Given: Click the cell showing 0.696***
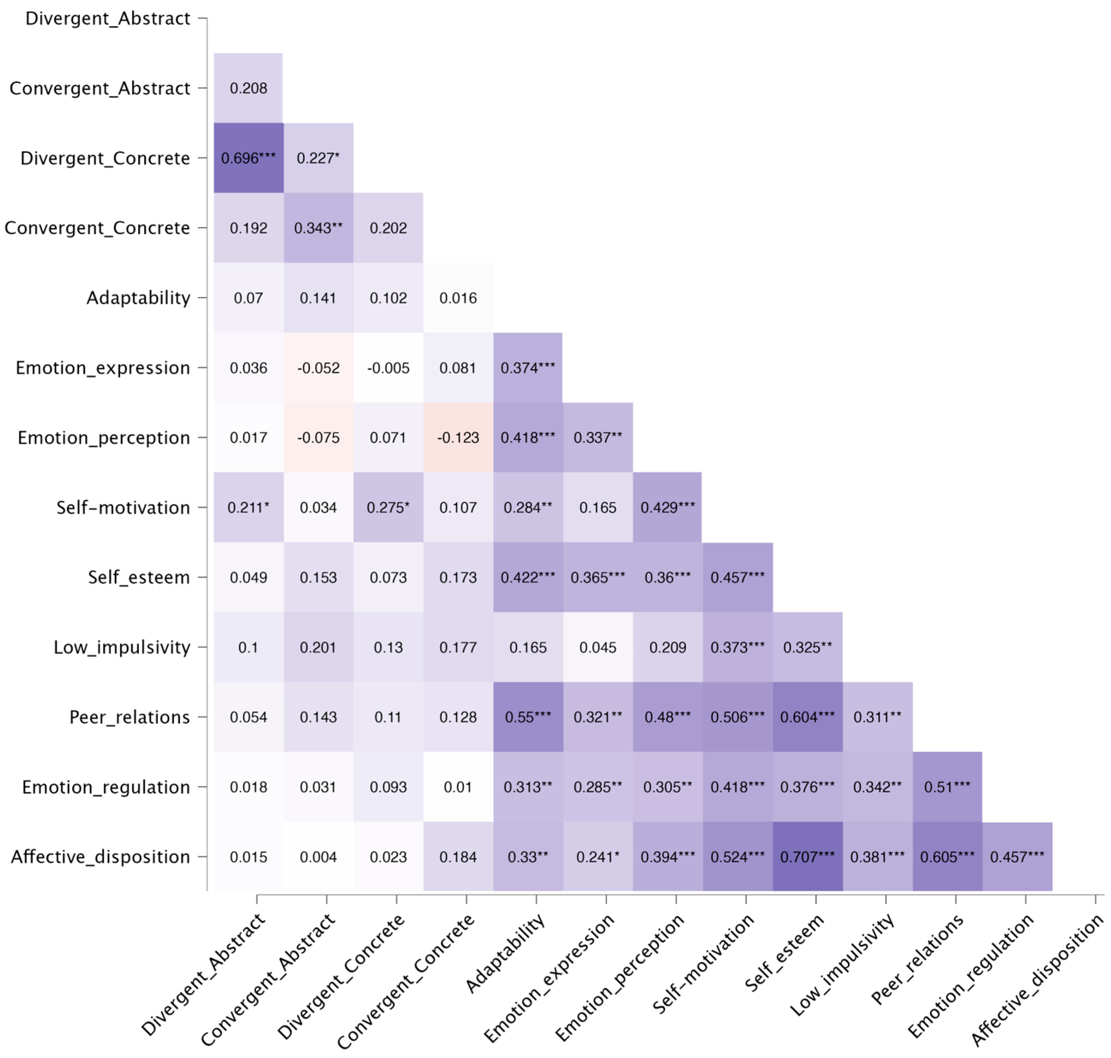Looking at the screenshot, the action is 248,158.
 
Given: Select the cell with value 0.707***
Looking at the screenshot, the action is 807,857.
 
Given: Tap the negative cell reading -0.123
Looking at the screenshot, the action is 458,437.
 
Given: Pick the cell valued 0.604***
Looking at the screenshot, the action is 807,717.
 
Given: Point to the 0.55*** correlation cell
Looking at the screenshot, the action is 528,717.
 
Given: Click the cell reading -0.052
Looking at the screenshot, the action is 318,368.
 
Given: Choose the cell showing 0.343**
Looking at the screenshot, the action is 318,228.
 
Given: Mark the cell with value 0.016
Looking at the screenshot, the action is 458,298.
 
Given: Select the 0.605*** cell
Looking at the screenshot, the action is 947,857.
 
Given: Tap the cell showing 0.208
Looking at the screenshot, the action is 248,88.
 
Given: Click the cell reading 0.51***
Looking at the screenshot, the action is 947,787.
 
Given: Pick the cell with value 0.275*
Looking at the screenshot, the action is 388,507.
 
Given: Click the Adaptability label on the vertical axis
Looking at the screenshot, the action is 138,298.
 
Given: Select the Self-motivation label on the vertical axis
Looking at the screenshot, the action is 123,507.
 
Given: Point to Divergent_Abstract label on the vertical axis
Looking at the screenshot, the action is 108,19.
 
